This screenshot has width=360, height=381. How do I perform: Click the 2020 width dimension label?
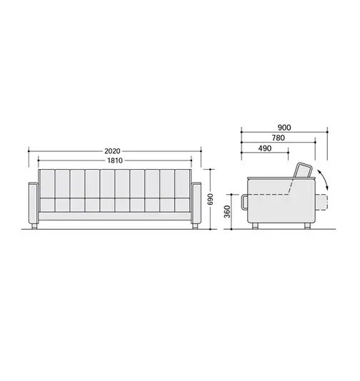tap(112, 151)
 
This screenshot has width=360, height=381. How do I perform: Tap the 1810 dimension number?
tap(115, 161)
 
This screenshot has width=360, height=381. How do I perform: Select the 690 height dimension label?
tap(211, 199)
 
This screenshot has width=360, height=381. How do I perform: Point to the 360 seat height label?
tap(227, 211)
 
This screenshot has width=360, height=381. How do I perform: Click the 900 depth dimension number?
tap(284, 128)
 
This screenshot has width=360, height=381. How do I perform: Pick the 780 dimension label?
tap(278, 138)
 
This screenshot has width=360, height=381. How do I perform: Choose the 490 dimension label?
tap(265, 148)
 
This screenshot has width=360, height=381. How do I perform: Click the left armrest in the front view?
tap(34, 203)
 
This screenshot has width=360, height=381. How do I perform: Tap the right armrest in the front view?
tap(196, 203)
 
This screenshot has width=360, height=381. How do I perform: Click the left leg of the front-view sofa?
tap(34, 226)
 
